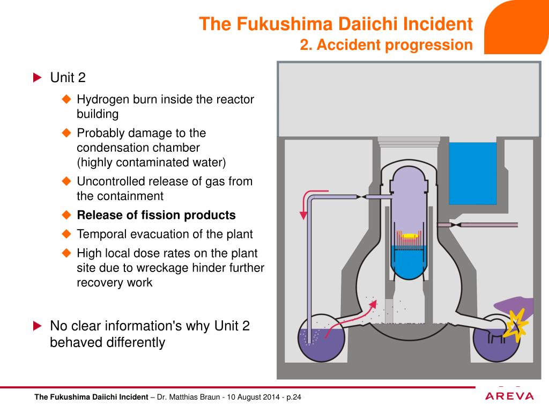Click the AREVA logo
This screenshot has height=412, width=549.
pyautogui.click(x=509, y=396)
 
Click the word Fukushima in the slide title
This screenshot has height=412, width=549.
pyautogui.click(x=287, y=24)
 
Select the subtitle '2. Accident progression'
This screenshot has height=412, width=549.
pyautogui.click(x=386, y=45)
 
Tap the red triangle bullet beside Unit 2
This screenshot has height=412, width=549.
pyautogui.click(x=37, y=78)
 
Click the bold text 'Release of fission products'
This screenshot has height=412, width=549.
pyautogui.click(x=156, y=216)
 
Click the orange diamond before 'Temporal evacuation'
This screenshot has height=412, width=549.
pyautogui.click(x=66, y=234)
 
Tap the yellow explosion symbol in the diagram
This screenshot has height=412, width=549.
pyautogui.click(x=518, y=325)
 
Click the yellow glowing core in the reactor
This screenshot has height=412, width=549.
pyautogui.click(x=410, y=236)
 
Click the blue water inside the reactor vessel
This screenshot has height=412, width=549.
pyautogui.click(x=410, y=263)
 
